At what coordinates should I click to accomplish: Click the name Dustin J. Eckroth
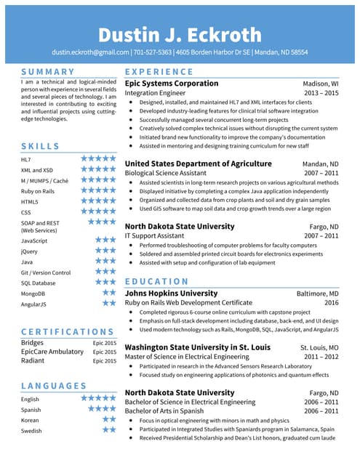tap(180, 35)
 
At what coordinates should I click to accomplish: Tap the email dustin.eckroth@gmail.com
tap(89, 52)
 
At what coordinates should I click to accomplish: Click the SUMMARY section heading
tap(48, 72)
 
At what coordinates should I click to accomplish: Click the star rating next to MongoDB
tap(109, 293)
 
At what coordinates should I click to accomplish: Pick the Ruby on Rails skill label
tap(38, 191)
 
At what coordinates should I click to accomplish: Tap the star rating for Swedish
tap(109, 429)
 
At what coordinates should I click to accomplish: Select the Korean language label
tap(31, 420)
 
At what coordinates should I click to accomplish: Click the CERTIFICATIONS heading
tap(68, 331)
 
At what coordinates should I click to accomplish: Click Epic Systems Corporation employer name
tap(172, 84)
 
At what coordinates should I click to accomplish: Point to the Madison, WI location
tap(320, 84)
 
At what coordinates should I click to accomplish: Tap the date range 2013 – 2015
tap(321, 93)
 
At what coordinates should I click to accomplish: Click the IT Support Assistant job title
tap(154, 236)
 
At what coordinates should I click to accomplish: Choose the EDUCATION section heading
tap(157, 281)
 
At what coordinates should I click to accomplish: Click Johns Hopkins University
tap(171, 294)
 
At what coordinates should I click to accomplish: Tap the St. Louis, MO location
tap(319, 347)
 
